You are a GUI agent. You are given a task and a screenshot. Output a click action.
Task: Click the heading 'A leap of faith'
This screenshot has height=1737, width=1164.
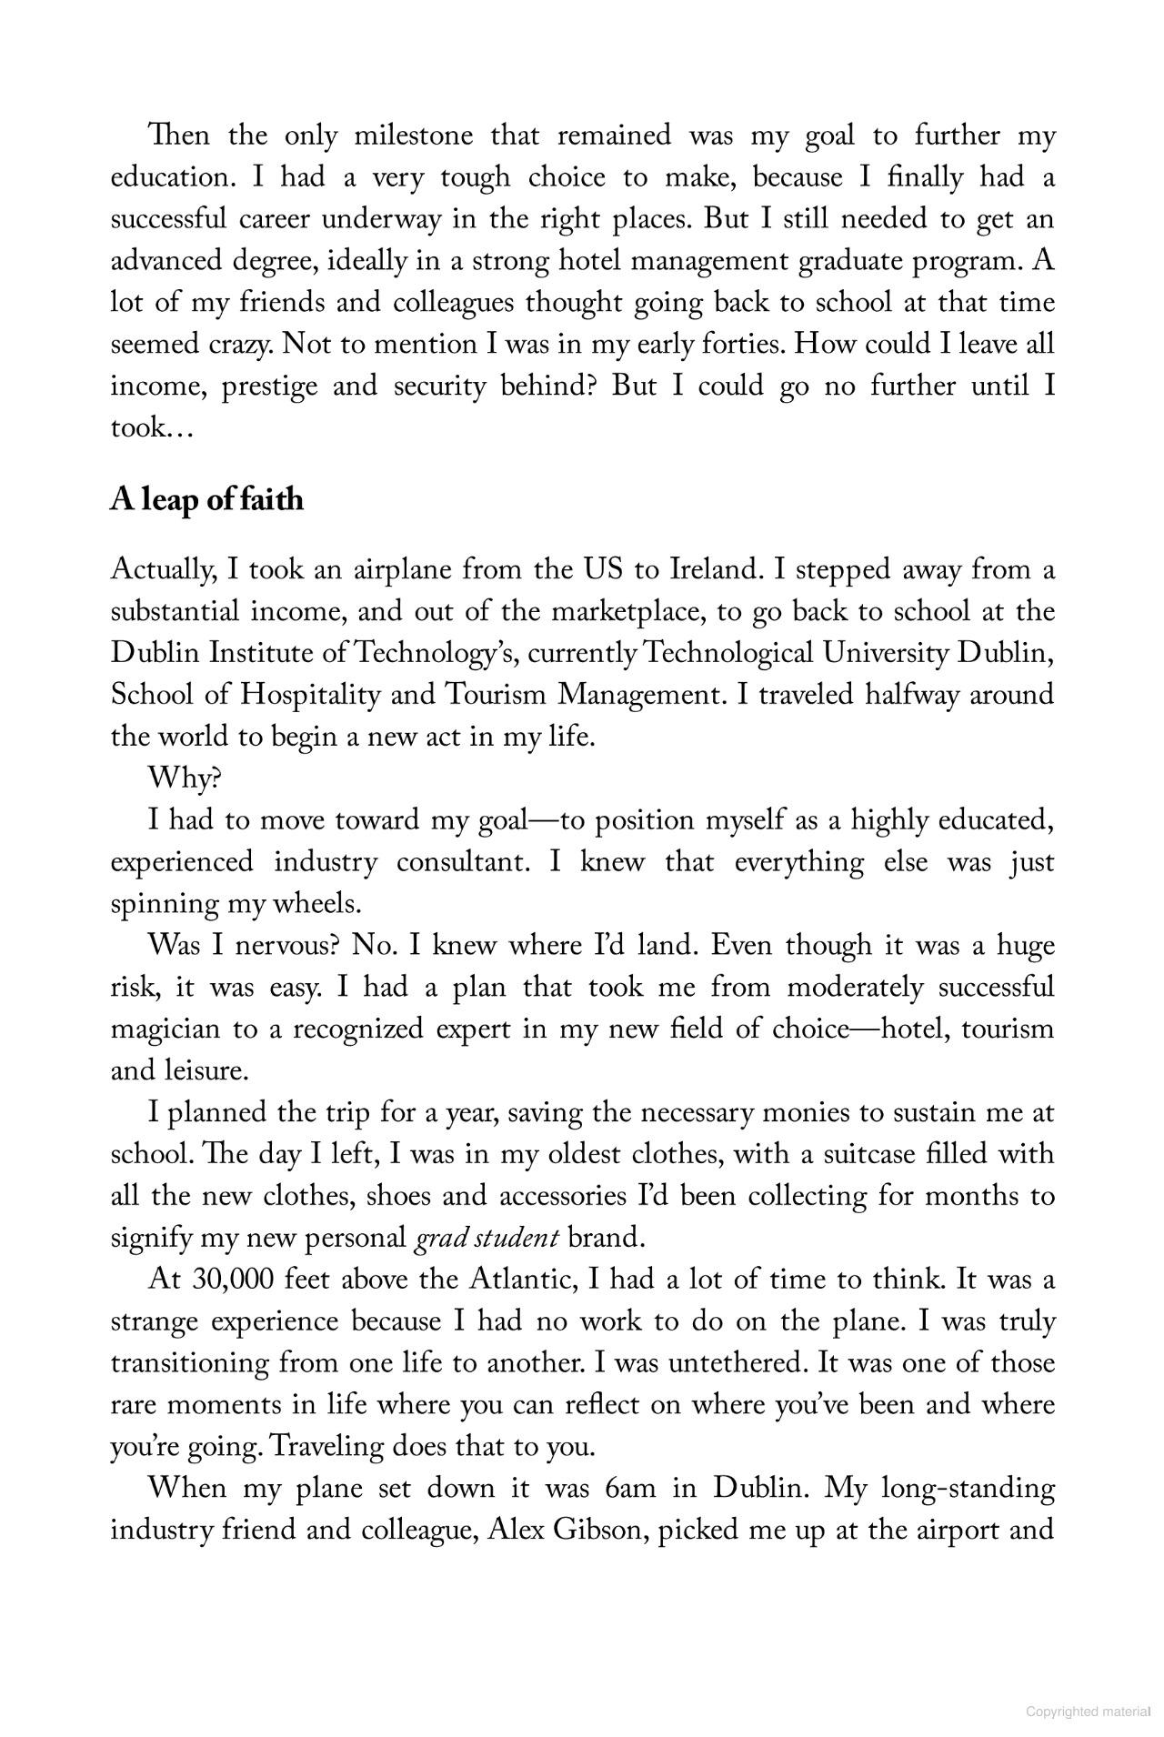click(x=206, y=500)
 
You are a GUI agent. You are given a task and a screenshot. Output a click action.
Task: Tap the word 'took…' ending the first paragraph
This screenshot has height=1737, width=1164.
click(x=151, y=428)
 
